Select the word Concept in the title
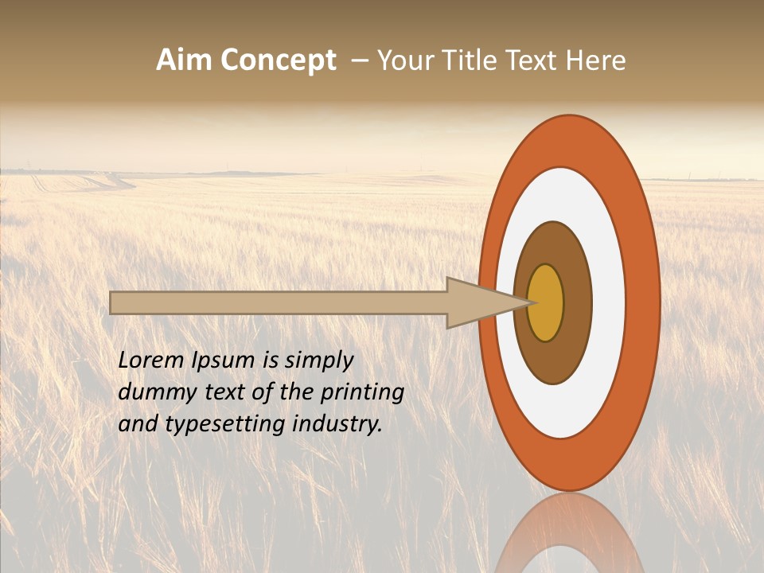click(x=277, y=60)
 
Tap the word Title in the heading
click(x=475, y=60)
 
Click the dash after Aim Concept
click(x=359, y=60)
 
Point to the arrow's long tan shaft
click(x=279, y=302)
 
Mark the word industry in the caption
click(x=337, y=424)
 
